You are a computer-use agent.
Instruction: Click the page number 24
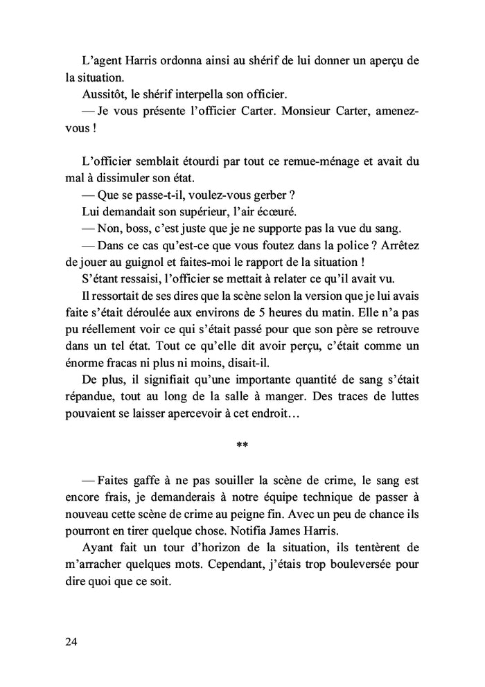pyautogui.click(x=71, y=641)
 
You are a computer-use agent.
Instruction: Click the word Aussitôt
pyautogui.click(x=103, y=93)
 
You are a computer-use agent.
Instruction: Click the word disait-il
pyautogui.click(x=267, y=364)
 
